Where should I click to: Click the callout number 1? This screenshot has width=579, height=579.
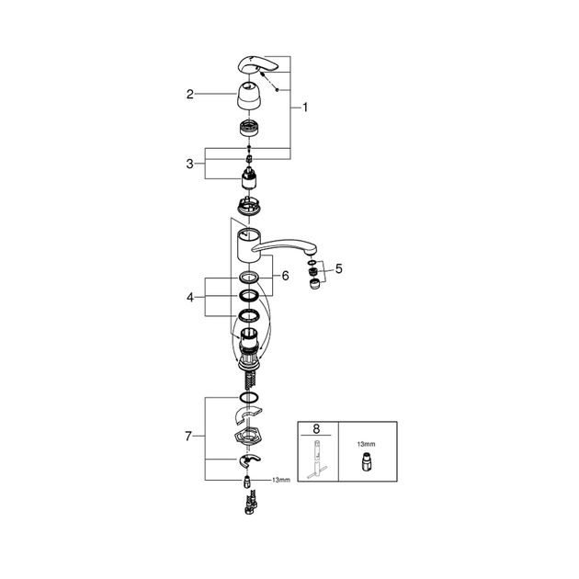point(305,108)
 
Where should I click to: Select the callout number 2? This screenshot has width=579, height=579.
point(190,94)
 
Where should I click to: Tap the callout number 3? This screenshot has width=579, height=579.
point(190,164)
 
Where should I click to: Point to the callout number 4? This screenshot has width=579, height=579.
point(190,297)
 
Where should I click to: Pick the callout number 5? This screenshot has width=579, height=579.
point(338,268)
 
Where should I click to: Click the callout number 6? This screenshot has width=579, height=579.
point(286,276)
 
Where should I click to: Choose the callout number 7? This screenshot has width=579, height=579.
point(188,437)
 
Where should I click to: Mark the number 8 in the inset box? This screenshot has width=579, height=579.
point(316,429)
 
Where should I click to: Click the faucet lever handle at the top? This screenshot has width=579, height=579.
point(257,65)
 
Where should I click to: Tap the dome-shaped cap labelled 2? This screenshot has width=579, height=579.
point(249,96)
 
